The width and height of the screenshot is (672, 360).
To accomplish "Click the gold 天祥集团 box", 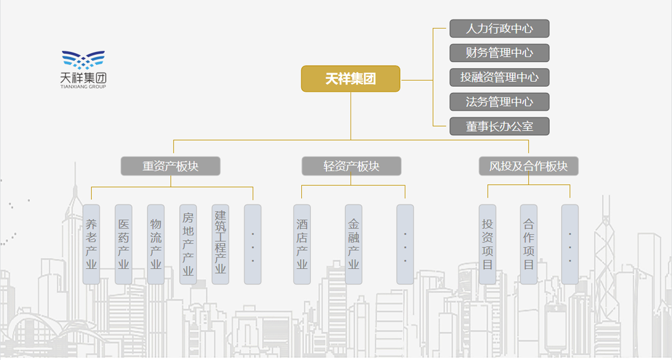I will (x=351, y=79).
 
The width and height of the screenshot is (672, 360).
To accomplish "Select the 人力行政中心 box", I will (x=499, y=29).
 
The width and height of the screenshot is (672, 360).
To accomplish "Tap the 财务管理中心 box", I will (x=499, y=53).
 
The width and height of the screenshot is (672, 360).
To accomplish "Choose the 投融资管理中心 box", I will (x=499, y=77).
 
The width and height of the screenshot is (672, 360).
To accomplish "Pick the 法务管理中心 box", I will (x=499, y=102).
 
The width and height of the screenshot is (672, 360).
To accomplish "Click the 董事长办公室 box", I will (x=499, y=127).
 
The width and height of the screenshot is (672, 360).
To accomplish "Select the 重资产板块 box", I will (x=171, y=166).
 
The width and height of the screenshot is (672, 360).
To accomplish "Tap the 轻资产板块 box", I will (x=351, y=166).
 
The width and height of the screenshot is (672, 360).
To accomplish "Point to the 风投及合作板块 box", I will (x=529, y=166).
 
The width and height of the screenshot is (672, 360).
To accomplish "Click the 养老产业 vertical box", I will (x=91, y=244).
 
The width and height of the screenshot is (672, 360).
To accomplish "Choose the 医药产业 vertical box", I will (x=124, y=244).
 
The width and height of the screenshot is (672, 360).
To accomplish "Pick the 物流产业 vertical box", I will (x=156, y=244).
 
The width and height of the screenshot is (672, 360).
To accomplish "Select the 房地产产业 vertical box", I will (x=188, y=244).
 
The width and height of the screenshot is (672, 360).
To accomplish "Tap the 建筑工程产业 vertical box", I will (x=221, y=244).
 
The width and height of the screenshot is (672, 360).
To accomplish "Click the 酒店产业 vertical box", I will (x=302, y=244).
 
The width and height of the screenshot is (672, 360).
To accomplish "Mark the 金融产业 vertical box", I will (x=353, y=244).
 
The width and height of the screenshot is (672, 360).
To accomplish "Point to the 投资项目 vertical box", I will (x=487, y=244).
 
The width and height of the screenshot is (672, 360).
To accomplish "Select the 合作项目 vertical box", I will (x=529, y=244).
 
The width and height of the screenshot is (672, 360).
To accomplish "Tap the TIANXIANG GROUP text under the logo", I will (x=83, y=87).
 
